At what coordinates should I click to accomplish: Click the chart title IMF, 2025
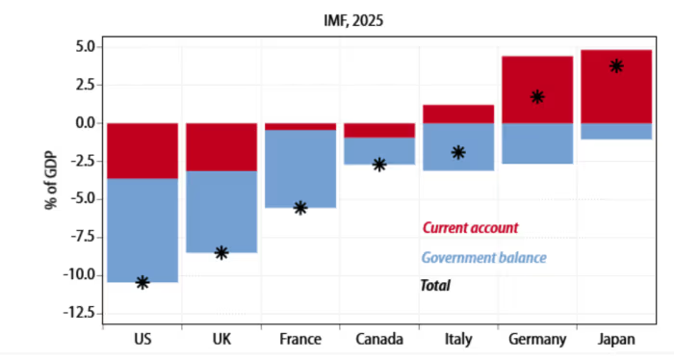coord(353,20)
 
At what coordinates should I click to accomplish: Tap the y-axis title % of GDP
coord(51,180)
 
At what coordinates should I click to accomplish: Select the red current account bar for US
coord(143,151)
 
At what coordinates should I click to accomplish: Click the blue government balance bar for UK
coord(221,212)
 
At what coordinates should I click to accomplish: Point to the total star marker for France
coord(300,208)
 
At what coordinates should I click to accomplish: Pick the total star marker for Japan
coord(616,66)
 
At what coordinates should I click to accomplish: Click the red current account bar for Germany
coord(537,90)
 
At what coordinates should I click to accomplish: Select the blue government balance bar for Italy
coord(458,147)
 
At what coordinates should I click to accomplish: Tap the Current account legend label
coord(470,228)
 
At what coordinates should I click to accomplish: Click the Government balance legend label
coord(484,258)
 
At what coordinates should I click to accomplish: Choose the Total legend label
coord(435,286)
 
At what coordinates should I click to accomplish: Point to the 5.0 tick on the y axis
coord(86,47)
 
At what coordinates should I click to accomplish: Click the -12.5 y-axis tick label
coord(80,313)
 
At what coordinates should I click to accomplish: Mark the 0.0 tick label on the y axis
coord(86,123)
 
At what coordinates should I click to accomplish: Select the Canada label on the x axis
coord(379,340)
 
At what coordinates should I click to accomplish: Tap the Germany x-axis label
coord(537,340)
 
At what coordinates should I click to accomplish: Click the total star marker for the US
coord(143,283)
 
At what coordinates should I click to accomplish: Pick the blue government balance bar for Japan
coord(616,131)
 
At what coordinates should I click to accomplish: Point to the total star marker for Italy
coord(458,152)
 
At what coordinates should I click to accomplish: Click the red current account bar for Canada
coord(379,131)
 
